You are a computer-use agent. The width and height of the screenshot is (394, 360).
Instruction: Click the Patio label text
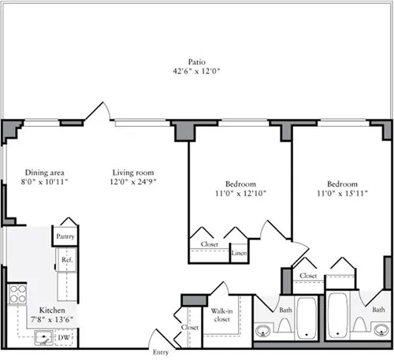[x=197, y=61]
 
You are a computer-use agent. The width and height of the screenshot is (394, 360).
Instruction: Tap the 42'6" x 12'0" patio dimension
[x=197, y=71]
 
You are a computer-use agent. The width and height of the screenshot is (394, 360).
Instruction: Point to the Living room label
[x=132, y=173]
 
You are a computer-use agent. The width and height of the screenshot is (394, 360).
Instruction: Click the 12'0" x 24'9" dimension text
[x=132, y=183]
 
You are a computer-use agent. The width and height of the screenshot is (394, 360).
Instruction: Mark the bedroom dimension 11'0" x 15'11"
[x=343, y=193]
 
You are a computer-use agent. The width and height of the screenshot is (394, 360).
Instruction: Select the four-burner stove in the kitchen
[x=17, y=295]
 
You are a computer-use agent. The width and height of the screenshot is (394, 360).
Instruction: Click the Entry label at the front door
[x=160, y=352]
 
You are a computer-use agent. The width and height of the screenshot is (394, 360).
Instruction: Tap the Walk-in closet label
[x=222, y=316]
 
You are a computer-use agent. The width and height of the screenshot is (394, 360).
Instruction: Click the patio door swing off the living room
[x=97, y=113]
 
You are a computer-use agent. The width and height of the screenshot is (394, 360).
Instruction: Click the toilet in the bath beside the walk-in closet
[x=284, y=325]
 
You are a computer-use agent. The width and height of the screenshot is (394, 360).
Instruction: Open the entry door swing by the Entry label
[x=160, y=337]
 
